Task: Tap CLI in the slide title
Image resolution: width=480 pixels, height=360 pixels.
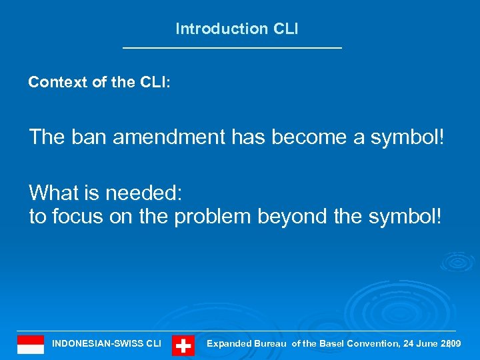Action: point(285,29)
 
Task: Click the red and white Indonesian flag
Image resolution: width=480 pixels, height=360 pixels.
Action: point(31,344)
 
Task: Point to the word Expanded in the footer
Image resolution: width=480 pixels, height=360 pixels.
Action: point(229,344)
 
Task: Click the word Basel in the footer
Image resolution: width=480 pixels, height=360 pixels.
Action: point(333,344)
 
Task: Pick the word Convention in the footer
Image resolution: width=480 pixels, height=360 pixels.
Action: point(373,344)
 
